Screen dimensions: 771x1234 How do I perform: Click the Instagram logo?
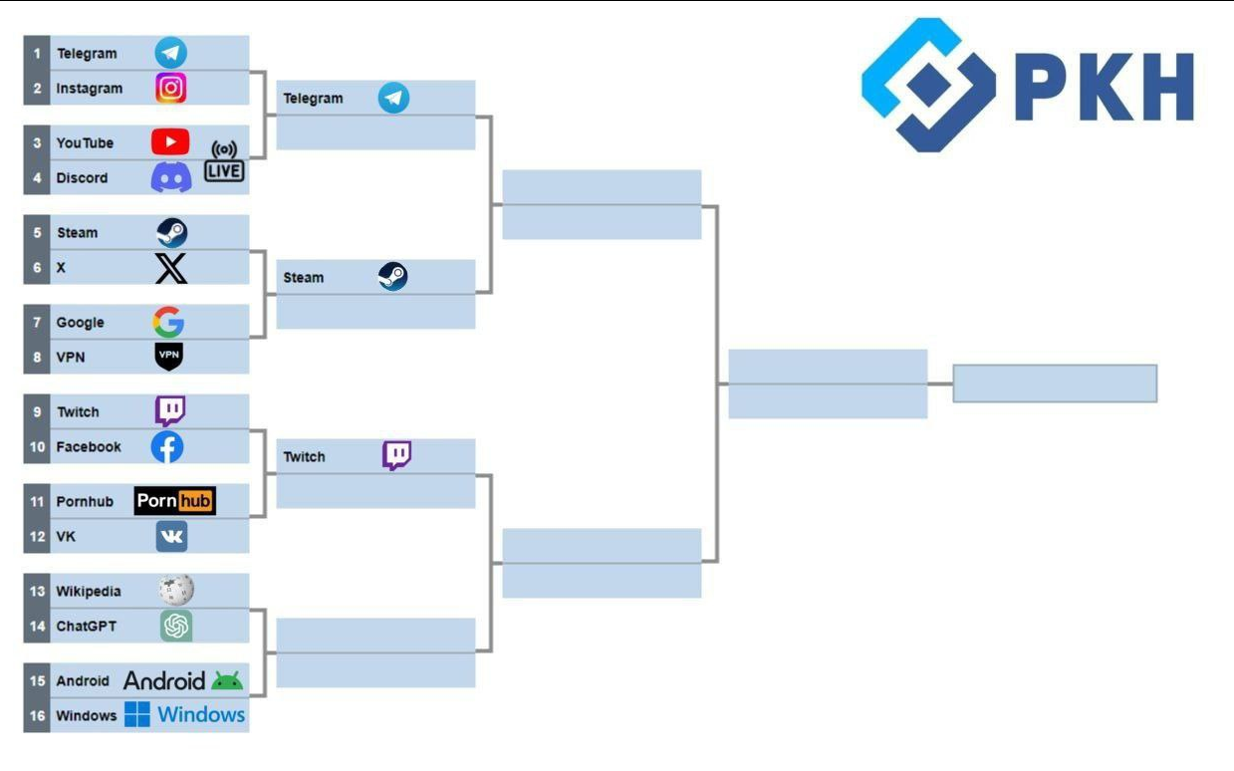[171, 88]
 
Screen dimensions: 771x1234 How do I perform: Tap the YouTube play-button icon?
[170, 142]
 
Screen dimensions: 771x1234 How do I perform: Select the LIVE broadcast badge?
[224, 162]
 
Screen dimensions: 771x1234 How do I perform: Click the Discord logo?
[171, 178]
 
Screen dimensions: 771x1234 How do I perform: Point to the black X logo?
[171, 268]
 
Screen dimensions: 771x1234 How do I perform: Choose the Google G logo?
[168, 322]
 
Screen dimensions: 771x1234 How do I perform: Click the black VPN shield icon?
[169, 357]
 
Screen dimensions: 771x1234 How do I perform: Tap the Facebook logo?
[167, 447]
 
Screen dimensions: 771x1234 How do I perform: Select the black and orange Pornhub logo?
[175, 501]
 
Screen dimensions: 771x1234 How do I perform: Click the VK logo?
[171, 537]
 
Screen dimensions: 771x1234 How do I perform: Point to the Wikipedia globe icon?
[176, 591]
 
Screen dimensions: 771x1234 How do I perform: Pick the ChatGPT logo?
[176, 626]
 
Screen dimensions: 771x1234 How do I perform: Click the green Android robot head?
[227, 681]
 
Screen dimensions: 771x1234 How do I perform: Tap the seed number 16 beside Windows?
[37, 716]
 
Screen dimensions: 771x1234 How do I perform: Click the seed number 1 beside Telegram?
[37, 54]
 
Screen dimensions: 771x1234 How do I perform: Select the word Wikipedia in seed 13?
[89, 592]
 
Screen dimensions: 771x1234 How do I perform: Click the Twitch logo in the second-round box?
[397, 456]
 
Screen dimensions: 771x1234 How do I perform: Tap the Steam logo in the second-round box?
[393, 277]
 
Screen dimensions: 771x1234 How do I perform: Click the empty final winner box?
[1055, 384]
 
